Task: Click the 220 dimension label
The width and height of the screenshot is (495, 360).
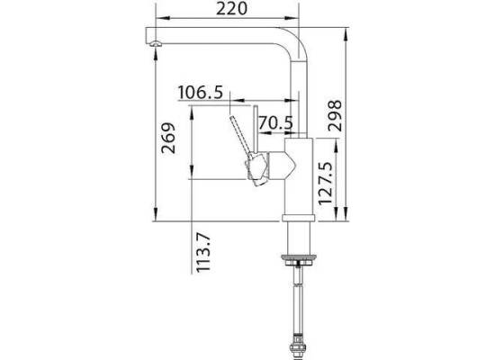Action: point(231,8)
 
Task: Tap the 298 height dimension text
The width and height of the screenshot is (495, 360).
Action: point(335,115)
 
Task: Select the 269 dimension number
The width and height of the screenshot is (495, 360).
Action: point(168,138)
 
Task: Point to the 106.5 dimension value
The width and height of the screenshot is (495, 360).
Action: point(201,93)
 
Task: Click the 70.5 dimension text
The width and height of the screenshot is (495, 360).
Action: point(276,122)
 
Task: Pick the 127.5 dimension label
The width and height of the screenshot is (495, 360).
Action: point(326,184)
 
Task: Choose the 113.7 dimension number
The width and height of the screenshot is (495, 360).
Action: point(203,253)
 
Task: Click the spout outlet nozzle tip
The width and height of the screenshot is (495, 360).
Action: point(155,44)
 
